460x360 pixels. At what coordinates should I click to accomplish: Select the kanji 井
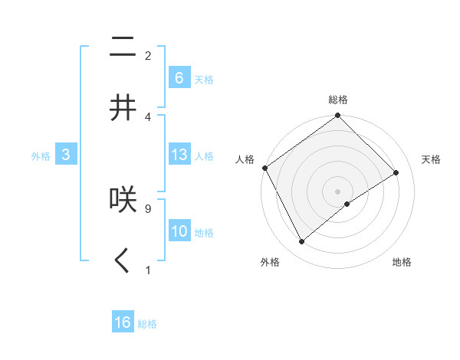point(123,107)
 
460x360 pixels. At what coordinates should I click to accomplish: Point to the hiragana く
point(123,260)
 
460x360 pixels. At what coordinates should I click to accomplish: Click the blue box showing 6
point(179,77)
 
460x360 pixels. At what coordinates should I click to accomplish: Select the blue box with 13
point(179,155)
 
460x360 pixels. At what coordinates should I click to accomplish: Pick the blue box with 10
point(179,231)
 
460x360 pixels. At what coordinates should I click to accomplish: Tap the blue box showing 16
point(123,322)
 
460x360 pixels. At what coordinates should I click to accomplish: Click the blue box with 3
point(66,155)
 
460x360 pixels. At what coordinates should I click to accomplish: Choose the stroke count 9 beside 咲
point(147,208)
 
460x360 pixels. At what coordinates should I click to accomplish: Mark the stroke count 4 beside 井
point(147,117)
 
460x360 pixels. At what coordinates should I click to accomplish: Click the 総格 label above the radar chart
point(338,100)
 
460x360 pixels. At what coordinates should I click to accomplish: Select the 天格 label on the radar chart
point(432,159)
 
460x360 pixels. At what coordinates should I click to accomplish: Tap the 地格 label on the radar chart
point(402,262)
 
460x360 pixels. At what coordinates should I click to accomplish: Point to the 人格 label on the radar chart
point(245,159)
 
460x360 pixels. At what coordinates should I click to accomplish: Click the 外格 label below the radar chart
point(270,262)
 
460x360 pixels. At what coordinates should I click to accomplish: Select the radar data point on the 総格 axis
point(338,116)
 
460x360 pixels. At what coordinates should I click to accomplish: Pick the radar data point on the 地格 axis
point(347,204)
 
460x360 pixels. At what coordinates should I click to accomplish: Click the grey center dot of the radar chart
point(338,191)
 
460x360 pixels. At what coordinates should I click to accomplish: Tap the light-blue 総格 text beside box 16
point(147,324)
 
